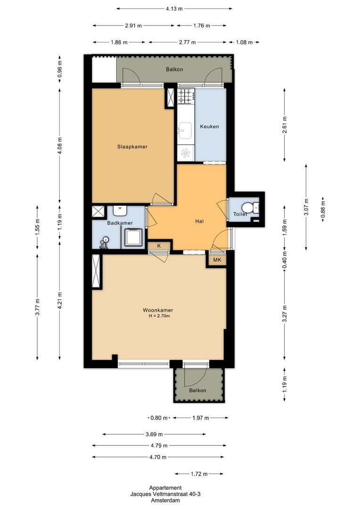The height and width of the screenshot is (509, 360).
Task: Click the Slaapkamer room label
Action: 132,147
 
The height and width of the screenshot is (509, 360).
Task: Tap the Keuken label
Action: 209,127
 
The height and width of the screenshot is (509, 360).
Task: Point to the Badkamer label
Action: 120,223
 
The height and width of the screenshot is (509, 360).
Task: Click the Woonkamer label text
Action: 158,310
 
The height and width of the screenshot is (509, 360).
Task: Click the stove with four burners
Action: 186,97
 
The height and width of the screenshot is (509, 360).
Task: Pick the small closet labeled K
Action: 159,246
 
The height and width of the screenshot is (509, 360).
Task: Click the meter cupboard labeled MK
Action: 217,260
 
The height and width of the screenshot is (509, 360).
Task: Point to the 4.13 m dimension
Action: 174,8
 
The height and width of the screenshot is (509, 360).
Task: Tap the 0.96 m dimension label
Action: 60,69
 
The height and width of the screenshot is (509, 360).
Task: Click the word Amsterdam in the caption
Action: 165,501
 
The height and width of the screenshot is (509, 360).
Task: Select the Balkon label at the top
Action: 174,69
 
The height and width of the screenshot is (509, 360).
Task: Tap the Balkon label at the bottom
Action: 197,391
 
